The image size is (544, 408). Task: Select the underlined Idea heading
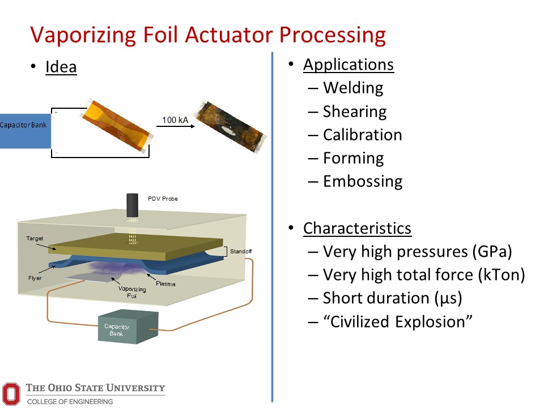61,67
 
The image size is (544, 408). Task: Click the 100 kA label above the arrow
175,120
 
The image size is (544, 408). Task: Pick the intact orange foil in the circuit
118,127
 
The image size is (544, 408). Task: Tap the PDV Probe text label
163,198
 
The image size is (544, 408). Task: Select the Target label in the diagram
35,239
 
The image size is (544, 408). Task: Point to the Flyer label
35,278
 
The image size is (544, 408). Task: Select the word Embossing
363,181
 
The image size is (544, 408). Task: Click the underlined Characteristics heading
357,228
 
